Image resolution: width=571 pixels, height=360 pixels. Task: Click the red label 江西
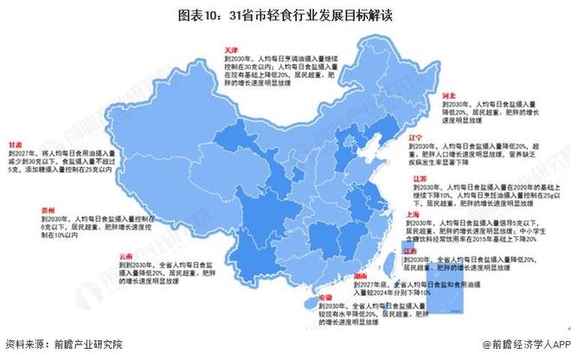click(x=413, y=250)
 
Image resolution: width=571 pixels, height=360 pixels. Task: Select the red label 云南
click(x=127, y=256)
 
